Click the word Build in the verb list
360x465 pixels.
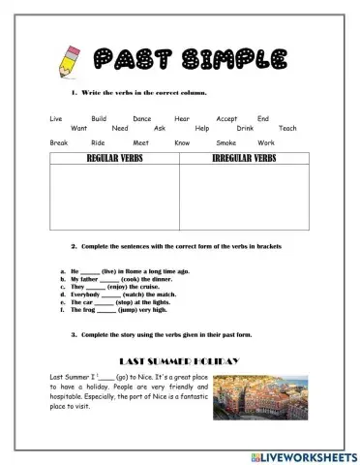99,117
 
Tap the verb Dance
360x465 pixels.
142,117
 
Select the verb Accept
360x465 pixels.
226,117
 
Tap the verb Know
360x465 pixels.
182,142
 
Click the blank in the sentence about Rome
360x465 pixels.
90,271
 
